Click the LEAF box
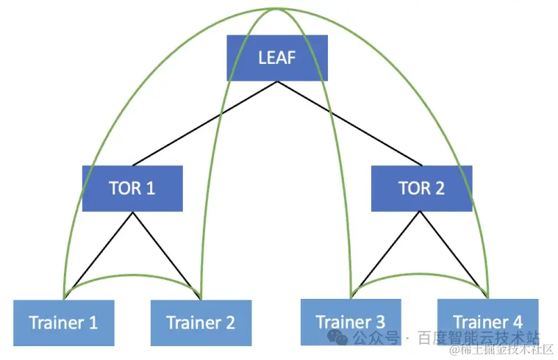click(x=277, y=57)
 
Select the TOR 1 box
click(x=132, y=188)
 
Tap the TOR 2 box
click(x=421, y=188)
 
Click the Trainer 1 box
click(x=63, y=322)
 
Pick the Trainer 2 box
click(x=201, y=322)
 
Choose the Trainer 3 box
click(x=350, y=322)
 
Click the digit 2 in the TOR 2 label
click(x=439, y=188)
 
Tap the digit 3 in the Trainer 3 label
click(x=379, y=322)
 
